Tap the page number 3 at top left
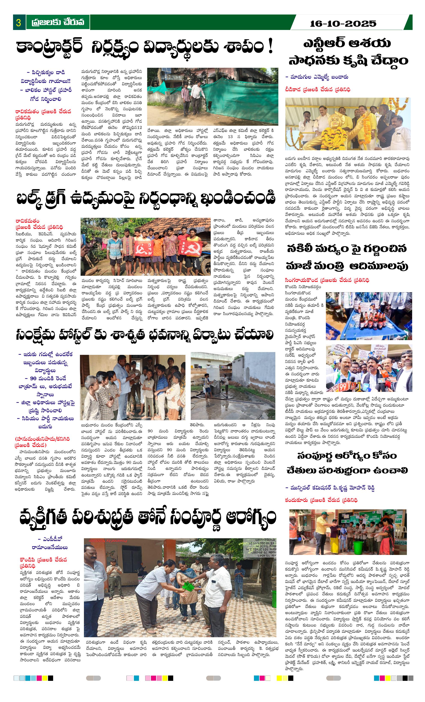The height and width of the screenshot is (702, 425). (x=19, y=22)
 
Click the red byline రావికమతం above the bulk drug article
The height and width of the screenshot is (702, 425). (x=28, y=221)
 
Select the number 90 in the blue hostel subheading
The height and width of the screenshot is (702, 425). (x=33, y=378)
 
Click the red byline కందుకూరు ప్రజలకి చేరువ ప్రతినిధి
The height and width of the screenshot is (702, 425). (x=321, y=500)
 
